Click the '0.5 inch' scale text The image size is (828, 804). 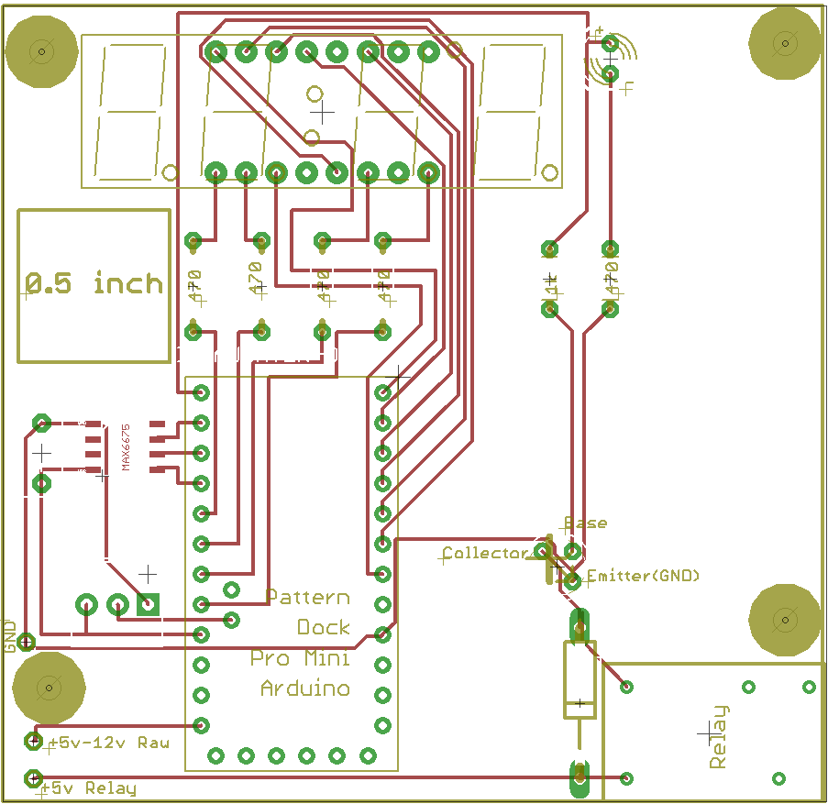click(94, 283)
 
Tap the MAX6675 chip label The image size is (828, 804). click(127, 446)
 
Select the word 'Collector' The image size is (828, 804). click(485, 553)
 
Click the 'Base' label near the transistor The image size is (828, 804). click(585, 523)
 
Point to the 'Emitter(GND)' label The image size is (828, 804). click(643, 576)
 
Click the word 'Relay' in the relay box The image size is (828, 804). click(719, 736)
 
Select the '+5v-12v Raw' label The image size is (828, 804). click(108, 743)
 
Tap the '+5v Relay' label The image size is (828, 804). click(93, 788)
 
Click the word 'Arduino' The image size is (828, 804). click(305, 688)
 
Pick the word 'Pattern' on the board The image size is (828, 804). click(308, 597)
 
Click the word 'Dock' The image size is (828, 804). click(324, 627)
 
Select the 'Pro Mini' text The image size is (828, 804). click(300, 658)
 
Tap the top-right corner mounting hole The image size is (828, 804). click(785, 42)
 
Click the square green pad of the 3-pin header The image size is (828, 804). click(148, 604)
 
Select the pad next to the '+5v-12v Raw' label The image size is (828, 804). click(34, 740)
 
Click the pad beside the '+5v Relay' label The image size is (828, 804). click(33, 778)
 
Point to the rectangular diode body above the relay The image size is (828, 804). click(580, 679)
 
